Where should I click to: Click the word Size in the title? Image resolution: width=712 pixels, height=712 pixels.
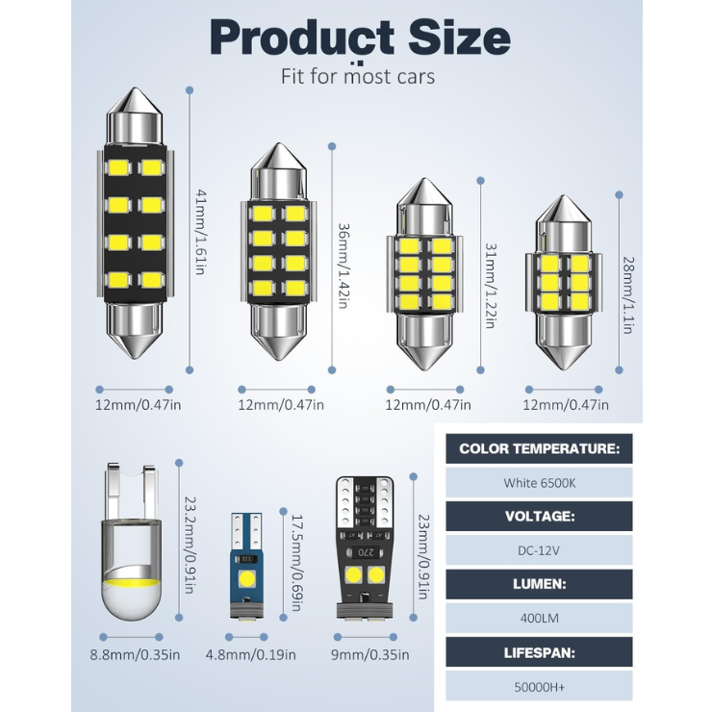(x=459, y=38)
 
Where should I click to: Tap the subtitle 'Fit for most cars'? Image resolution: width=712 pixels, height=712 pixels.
(x=358, y=76)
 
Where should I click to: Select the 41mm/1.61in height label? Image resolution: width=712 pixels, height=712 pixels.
(x=201, y=232)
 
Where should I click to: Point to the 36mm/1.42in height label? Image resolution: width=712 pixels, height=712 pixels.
(x=343, y=266)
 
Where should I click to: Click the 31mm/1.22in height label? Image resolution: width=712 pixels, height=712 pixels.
(x=492, y=286)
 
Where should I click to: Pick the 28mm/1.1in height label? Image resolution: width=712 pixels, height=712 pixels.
(x=628, y=295)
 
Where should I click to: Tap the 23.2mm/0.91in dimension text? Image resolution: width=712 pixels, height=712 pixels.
(x=190, y=545)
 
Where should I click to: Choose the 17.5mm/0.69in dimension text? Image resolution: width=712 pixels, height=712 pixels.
(x=296, y=563)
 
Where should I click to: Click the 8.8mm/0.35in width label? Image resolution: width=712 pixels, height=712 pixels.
(x=135, y=655)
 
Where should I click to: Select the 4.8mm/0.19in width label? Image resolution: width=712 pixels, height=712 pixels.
(x=251, y=655)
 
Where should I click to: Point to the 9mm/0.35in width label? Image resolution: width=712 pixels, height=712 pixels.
(x=370, y=655)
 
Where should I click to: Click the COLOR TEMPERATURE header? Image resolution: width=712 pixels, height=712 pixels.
(x=539, y=448)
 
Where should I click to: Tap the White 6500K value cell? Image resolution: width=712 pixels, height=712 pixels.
(x=539, y=483)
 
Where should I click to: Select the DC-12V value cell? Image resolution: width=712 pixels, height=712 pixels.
(x=539, y=550)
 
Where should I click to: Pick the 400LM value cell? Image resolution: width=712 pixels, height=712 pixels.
(x=539, y=618)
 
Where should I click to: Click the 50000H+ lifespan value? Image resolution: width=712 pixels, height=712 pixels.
(x=539, y=687)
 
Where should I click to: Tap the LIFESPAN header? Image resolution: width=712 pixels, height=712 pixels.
(x=539, y=652)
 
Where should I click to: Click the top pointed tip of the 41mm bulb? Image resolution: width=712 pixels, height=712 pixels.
(x=135, y=89)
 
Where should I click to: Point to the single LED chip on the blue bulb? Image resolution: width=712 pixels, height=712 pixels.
(x=247, y=578)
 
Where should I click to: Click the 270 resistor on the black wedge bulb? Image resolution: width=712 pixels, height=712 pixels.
(x=366, y=552)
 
